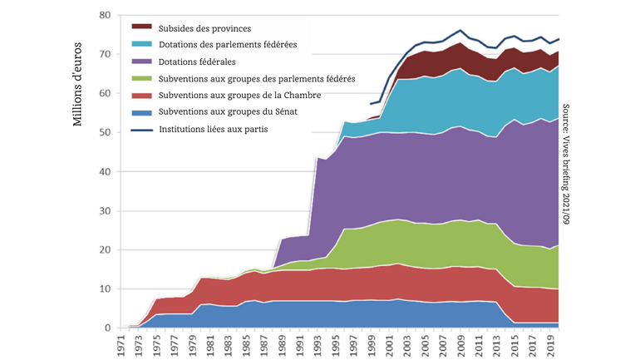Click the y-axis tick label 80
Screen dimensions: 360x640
105,16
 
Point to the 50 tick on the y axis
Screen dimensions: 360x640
105,133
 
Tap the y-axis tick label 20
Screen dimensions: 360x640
105,250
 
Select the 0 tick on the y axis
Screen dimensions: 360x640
108,328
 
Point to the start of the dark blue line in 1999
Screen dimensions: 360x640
372,104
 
